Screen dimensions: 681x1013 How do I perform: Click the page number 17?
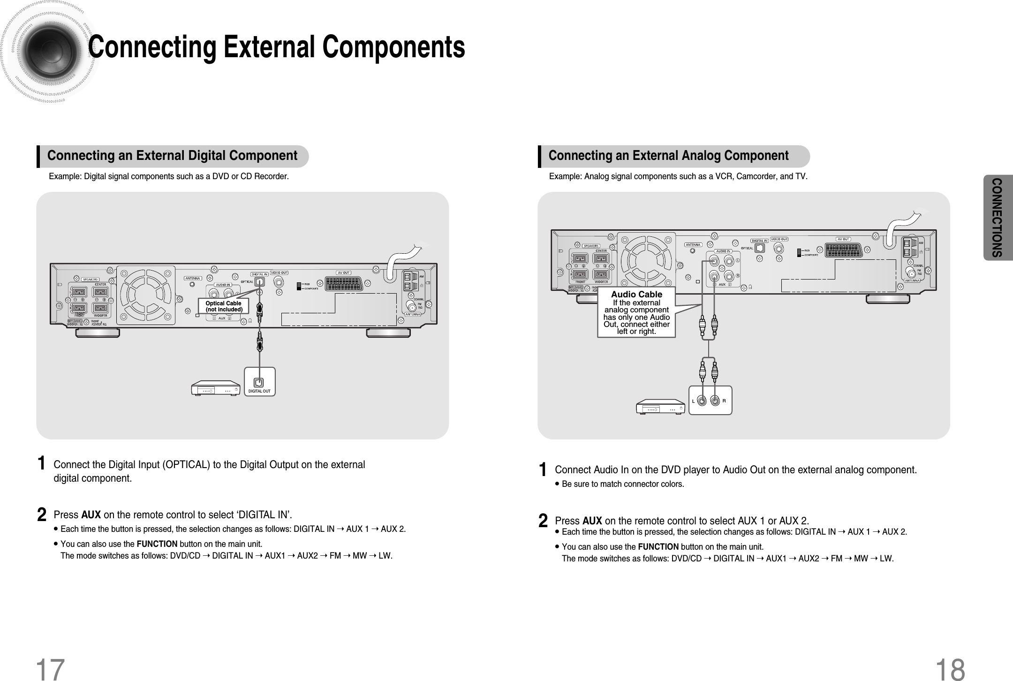[51, 669]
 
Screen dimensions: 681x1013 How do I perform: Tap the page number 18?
[950, 669]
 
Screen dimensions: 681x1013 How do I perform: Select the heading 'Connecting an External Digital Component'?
[172, 156]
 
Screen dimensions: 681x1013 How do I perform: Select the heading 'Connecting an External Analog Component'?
[668, 156]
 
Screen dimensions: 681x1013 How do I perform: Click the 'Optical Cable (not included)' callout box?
[223, 306]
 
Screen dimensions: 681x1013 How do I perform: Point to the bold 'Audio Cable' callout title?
[636, 295]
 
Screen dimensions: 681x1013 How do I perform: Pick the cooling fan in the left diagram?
[145, 295]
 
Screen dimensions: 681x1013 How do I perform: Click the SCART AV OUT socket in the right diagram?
[843, 249]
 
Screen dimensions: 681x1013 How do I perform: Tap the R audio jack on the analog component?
[715, 401]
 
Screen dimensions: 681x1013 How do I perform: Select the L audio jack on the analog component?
[702, 401]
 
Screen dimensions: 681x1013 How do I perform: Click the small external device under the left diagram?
[216, 388]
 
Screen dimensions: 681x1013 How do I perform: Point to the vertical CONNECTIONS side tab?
[998, 218]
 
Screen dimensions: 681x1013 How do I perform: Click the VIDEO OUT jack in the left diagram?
[279, 282]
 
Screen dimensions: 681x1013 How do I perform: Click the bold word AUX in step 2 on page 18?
[592, 521]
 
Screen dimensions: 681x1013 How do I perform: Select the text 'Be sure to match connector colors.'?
[623, 484]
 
